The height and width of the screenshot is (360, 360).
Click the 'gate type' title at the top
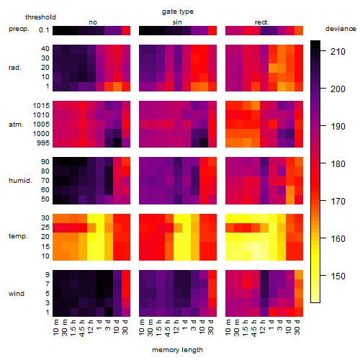[178, 12]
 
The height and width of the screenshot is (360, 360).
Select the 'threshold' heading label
[40, 17]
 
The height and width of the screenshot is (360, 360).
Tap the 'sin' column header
[177, 22]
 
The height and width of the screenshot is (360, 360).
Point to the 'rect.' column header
[261, 22]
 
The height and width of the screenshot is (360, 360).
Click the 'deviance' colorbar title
[341, 29]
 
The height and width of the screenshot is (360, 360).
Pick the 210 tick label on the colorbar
[338, 52]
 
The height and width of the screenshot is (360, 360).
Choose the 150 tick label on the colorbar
[338, 276]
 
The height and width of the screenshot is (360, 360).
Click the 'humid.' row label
[20, 181]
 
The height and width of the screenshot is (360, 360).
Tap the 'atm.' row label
[16, 125]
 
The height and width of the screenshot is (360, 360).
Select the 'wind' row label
[17, 294]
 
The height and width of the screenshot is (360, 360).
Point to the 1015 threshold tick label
[41, 106]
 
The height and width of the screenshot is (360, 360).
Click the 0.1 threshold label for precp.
[44, 30]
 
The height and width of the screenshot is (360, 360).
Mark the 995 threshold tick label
[43, 143]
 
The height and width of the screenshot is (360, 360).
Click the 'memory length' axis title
[178, 350]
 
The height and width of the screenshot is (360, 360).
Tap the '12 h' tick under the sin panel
[176, 327]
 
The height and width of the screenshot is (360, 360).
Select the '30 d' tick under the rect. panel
[297, 327]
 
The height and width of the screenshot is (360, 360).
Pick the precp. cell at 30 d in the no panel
[126, 30]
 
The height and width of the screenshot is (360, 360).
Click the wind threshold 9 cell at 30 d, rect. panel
[299, 275]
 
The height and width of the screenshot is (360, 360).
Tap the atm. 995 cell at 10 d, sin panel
[204, 143]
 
